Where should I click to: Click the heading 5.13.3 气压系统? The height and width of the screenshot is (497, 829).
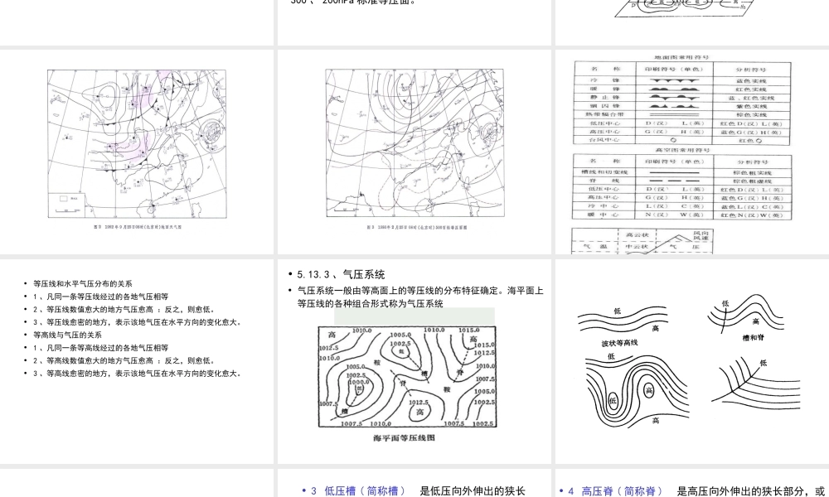tap(341, 274)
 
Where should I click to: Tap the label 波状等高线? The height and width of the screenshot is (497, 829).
tap(620, 342)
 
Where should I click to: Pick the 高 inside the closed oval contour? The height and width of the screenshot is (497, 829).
tap(649, 389)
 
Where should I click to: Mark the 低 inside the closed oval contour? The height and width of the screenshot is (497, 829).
tap(613, 400)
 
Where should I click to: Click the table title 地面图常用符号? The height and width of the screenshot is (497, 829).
tap(679, 58)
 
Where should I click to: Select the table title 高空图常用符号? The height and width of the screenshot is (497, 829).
tap(679, 150)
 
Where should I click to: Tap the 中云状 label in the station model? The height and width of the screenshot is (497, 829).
tap(636, 246)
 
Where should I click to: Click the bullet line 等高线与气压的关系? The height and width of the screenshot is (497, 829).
tap(67, 335)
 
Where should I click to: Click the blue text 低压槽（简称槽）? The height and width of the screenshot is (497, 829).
tap(358, 490)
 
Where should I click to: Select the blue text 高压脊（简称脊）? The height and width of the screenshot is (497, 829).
tap(615, 490)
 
